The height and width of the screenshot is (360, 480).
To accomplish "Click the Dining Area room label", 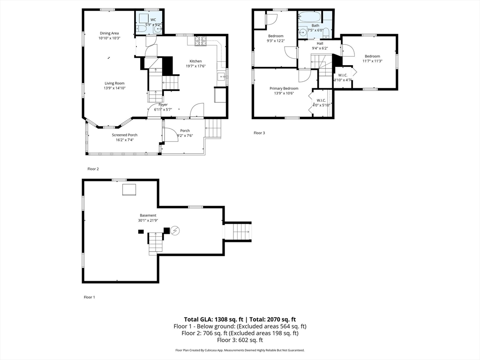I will tap(109, 33).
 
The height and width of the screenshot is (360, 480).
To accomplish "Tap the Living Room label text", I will tap(114, 83).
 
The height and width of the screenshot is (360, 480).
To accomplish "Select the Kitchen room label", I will tap(195, 61).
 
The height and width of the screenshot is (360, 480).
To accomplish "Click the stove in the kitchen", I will tap(201, 41).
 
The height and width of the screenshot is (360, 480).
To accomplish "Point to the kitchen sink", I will tap(221, 77).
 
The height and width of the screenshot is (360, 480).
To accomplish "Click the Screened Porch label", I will tap(124, 135).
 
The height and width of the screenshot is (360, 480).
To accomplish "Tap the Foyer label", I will tap(163, 105).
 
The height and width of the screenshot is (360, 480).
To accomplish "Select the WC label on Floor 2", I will tap(153, 19).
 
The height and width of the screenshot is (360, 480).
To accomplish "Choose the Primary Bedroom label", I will tap(284, 88).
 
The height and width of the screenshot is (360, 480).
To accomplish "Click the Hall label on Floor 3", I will tap(320, 43).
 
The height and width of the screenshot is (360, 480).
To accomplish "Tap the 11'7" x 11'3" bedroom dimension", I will tap(372, 60).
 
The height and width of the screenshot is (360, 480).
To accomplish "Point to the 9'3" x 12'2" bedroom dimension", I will tap(276, 41).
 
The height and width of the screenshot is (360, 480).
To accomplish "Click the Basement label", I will tap(148, 216).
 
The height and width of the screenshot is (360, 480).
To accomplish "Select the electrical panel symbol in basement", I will tap(175, 230).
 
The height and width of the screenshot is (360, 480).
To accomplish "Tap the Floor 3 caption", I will tap(259, 133).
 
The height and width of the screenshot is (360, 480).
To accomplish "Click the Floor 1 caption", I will tap(89, 297).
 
